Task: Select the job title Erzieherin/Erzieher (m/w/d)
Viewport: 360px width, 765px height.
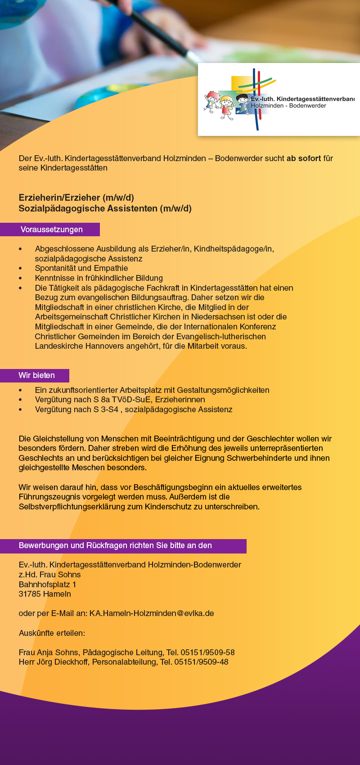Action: [76, 198]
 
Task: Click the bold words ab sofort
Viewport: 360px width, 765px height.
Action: [304, 158]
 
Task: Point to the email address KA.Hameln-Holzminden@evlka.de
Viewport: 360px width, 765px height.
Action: [152, 613]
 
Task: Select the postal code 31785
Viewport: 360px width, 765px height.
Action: [29, 594]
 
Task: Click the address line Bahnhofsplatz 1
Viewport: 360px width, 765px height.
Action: [47, 585]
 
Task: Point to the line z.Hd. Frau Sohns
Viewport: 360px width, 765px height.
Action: [49, 575]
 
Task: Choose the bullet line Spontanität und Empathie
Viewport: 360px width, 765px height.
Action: [81, 268]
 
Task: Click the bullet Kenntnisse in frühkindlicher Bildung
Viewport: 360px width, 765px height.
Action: [99, 278]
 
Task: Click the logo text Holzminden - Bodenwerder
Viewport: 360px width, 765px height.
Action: [288, 106]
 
